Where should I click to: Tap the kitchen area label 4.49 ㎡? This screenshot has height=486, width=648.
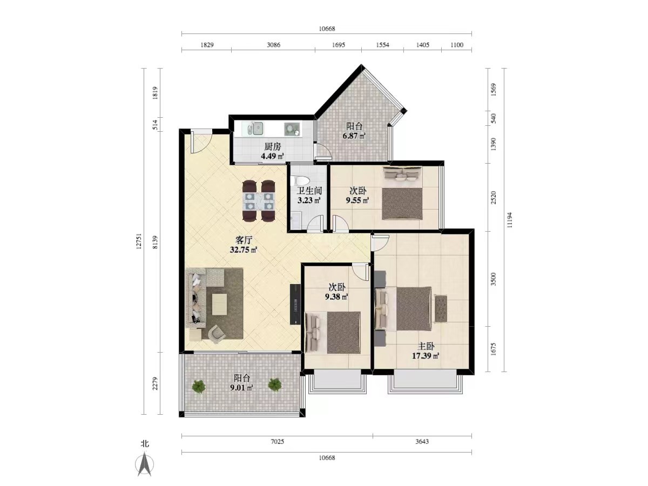272,156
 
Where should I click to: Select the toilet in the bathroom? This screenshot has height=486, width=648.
300,180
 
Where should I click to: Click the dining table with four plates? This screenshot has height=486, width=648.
259,201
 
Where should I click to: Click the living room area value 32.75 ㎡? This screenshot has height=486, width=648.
243,250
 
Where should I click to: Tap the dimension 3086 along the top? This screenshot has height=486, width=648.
273,45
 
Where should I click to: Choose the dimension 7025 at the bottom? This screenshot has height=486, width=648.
277,441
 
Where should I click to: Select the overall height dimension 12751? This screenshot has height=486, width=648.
139,241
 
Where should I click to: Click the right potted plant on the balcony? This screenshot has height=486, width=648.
274,385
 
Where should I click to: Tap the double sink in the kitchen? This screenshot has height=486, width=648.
253,129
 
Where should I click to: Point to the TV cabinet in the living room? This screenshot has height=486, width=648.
295,304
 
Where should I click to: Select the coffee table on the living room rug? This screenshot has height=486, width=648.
219,304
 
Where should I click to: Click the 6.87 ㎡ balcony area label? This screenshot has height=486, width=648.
354,136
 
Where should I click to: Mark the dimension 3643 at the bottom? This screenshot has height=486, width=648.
422,441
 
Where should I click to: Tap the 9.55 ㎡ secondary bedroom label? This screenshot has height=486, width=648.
357,201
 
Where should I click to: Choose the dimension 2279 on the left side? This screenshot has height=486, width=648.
156,383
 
